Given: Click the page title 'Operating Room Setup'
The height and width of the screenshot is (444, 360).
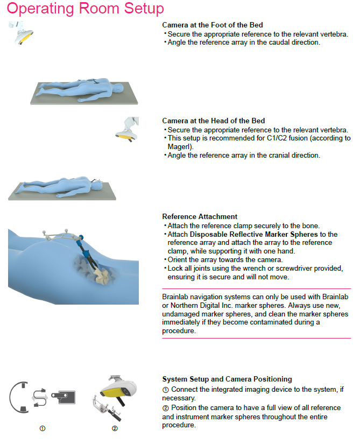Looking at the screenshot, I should (86, 9).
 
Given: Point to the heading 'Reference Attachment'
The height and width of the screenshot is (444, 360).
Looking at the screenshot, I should (200, 217).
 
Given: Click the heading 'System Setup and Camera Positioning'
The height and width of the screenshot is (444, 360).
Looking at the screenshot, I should (227, 379).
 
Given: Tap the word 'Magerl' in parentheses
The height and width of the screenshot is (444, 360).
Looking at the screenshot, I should (178, 146).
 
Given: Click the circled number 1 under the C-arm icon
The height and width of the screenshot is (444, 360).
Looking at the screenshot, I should (42, 428).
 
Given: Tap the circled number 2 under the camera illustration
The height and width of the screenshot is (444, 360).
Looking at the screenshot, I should (115, 428).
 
